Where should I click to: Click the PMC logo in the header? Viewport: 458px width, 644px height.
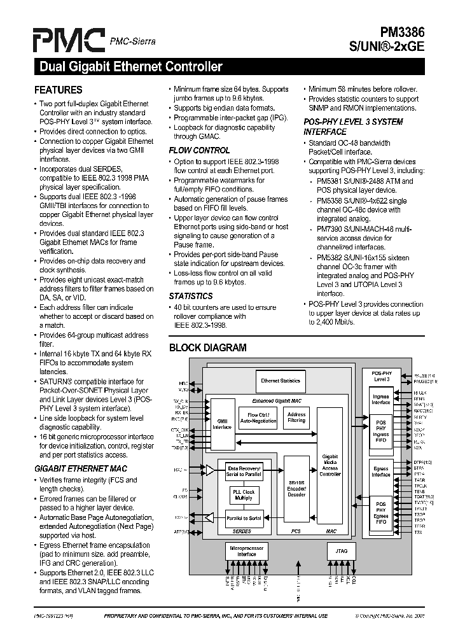[x=69, y=39]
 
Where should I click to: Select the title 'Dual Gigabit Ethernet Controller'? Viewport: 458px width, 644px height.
[x=130, y=67]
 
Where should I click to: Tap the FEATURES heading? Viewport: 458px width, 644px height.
[x=58, y=90]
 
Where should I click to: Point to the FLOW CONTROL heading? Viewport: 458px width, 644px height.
[x=199, y=150]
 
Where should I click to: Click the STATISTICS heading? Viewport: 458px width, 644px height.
[x=191, y=296]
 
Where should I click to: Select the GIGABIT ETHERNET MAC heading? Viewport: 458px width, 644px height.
[x=81, y=468]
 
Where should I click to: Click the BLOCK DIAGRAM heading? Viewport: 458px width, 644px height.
[x=207, y=347]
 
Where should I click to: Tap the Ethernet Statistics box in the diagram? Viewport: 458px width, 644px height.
[x=281, y=381]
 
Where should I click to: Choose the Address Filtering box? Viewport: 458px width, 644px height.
[x=296, y=417]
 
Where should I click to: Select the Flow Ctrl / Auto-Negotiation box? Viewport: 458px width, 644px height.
[x=258, y=418]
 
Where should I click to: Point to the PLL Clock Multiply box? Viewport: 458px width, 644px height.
[x=244, y=494]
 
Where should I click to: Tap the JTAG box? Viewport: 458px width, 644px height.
[x=341, y=550]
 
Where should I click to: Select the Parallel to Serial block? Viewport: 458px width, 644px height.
[x=244, y=518]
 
